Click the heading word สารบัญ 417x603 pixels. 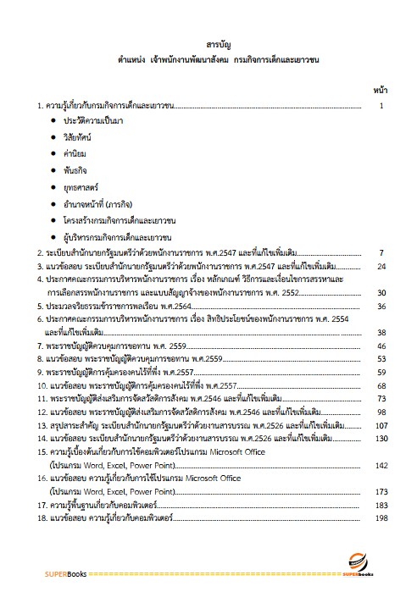click(208, 44)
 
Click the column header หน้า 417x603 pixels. click(380, 89)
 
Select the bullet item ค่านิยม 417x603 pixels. click(75, 153)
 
